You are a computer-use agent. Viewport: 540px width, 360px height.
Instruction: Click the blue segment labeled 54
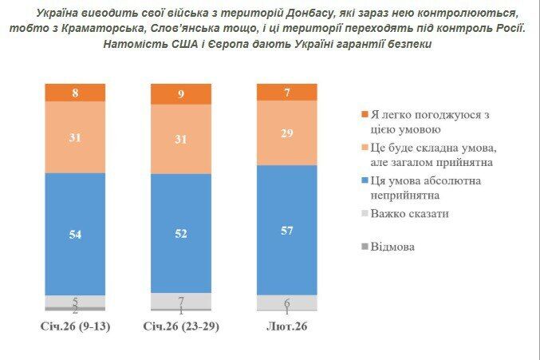coord(75,233)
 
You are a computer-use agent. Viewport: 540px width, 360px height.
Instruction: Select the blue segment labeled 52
coord(181,233)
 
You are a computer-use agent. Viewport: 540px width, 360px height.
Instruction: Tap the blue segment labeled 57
coord(287,230)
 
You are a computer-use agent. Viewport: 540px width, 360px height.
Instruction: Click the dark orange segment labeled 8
coord(75,93)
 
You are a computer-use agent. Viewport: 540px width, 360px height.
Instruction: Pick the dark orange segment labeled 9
coord(181,94)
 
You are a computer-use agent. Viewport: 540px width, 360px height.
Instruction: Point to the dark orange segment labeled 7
coord(287,92)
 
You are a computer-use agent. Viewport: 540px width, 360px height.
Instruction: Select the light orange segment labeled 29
coord(287,133)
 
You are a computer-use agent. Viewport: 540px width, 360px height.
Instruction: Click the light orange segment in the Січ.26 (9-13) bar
coord(75,137)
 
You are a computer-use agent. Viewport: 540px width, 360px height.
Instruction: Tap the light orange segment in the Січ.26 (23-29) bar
coord(181,140)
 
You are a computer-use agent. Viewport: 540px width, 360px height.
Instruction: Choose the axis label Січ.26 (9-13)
coord(75,327)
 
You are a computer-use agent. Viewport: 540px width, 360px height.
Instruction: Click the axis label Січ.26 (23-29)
coord(181,327)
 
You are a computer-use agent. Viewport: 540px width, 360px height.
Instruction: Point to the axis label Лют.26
coord(287,327)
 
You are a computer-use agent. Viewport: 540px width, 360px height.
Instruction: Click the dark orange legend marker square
coord(365,114)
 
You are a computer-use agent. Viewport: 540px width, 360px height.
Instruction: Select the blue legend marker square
coord(365,180)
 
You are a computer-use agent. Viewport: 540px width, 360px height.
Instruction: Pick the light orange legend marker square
coord(365,148)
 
